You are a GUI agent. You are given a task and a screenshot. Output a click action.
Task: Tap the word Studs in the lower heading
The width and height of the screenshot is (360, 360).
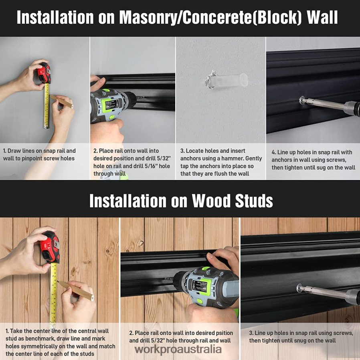254,201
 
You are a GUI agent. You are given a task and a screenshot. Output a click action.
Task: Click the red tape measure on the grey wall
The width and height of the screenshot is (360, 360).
44,73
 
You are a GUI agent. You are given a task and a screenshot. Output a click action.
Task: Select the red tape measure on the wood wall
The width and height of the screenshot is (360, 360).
50,247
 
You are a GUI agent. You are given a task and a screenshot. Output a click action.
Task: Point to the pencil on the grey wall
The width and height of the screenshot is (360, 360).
61,101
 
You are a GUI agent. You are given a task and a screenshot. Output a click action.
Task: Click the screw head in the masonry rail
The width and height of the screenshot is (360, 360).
302,100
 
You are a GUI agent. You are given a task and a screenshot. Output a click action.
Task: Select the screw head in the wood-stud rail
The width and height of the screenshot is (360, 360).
299,288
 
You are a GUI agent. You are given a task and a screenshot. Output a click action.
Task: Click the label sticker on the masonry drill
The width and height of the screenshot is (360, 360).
112,105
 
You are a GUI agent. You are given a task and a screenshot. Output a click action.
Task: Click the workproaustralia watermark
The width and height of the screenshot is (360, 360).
178,350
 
